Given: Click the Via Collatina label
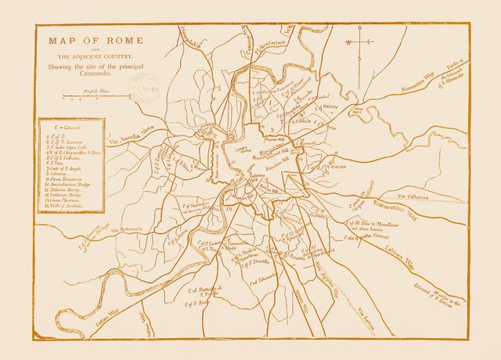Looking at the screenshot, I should tap(415, 196).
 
